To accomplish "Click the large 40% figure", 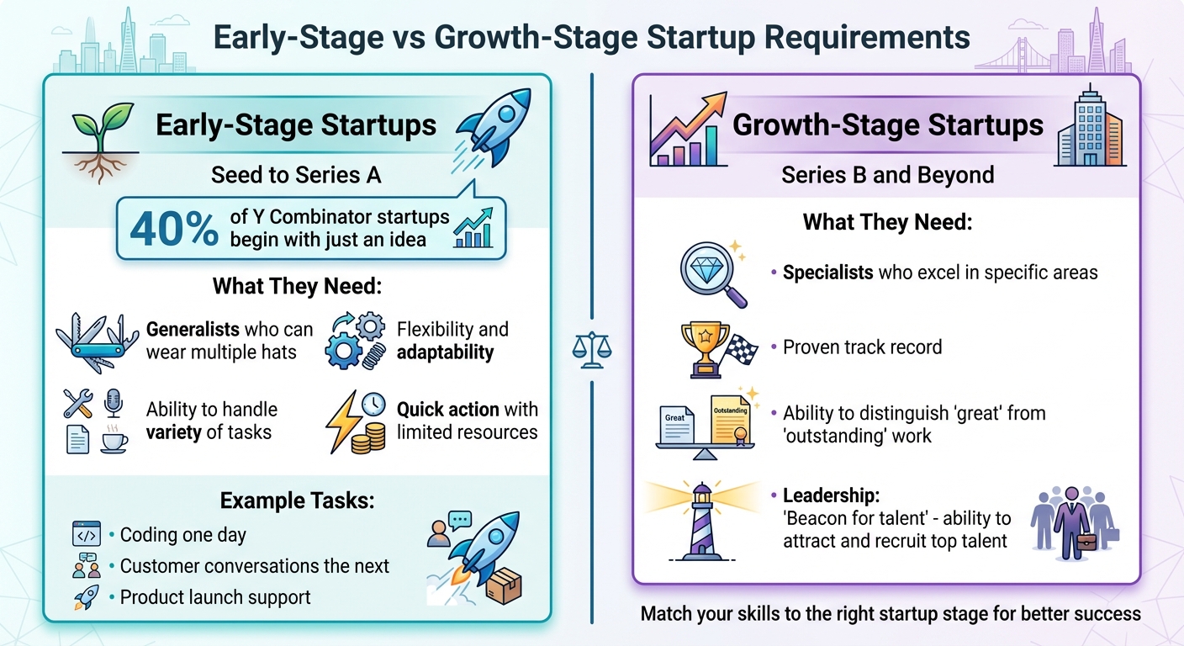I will click(x=172, y=230).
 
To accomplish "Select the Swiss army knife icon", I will click(x=96, y=341).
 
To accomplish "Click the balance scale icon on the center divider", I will click(x=592, y=347).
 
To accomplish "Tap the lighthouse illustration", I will click(x=700, y=521).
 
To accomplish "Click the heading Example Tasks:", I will click(x=297, y=501).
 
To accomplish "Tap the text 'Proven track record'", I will click(x=862, y=347).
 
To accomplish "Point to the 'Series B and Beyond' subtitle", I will click(x=887, y=175).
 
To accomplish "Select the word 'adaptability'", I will click(x=445, y=352).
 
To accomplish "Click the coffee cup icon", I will click(x=114, y=442).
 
